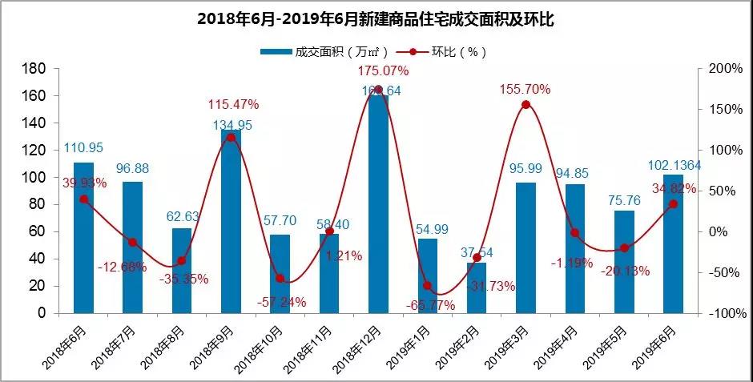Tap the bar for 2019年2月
(x=477, y=288)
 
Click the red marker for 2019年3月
(x=525, y=105)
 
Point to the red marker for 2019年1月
(x=427, y=286)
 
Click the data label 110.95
(x=84, y=148)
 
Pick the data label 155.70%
(x=525, y=89)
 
